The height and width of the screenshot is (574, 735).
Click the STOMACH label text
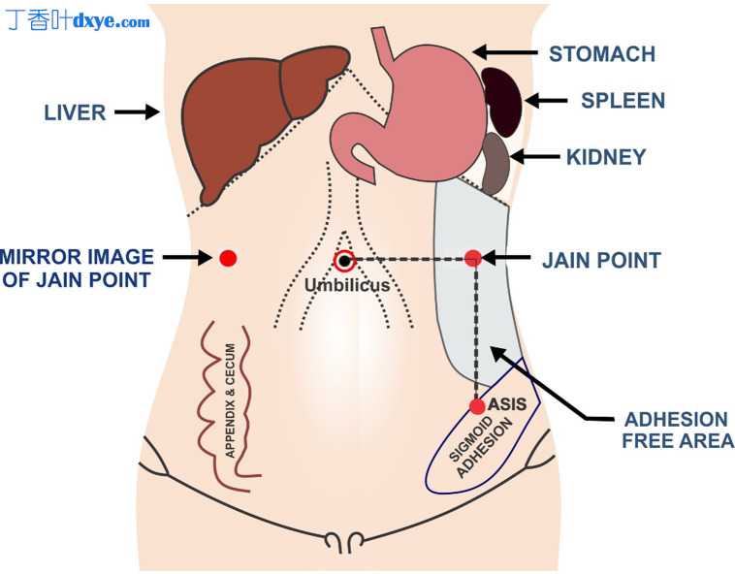(601, 53)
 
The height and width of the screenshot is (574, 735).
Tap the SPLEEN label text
(623, 101)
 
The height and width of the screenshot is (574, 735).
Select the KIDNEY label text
(606, 156)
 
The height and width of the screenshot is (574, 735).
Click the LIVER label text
(75, 112)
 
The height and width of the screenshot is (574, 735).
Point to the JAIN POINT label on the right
(601, 260)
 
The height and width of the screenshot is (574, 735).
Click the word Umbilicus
(346, 285)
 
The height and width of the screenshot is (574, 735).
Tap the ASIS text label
(507, 403)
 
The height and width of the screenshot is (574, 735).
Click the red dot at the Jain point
(473, 258)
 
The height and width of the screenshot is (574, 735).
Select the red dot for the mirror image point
(228, 258)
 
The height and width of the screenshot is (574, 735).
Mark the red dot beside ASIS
(477, 406)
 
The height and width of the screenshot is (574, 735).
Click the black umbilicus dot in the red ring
(344, 260)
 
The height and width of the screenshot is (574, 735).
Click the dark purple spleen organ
(503, 101)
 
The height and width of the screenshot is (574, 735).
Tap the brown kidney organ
(496, 164)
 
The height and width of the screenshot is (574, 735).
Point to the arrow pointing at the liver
(137, 112)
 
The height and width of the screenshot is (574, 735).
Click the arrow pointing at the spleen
(545, 100)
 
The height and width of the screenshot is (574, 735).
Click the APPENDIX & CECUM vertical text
(230, 400)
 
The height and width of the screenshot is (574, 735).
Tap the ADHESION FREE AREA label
(676, 430)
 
